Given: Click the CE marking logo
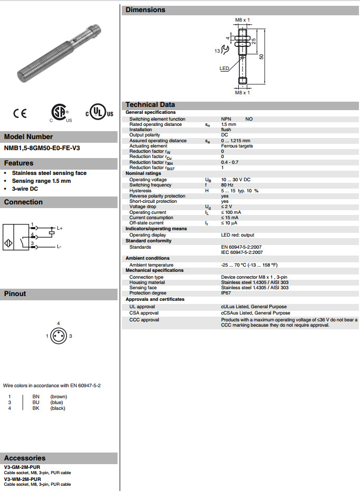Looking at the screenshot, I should pyautogui.click(x=20, y=113).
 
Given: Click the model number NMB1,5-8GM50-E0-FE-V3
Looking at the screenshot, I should pyautogui.click(x=42, y=149).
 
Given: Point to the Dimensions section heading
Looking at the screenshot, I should pyautogui.click(x=145, y=9).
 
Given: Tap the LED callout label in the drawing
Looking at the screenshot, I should pyautogui.click(x=225, y=68).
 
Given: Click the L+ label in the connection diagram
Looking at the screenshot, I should pyautogui.click(x=60, y=228).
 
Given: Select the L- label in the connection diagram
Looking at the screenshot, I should pyautogui.click(x=59, y=247).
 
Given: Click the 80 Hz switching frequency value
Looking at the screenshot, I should pyautogui.click(x=227, y=185).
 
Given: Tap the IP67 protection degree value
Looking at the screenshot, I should pyautogui.click(x=226, y=293).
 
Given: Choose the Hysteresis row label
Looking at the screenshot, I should pyautogui.click(x=141, y=190).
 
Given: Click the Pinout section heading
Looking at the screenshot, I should pyautogui.click(x=15, y=293).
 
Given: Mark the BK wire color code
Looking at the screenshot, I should pyautogui.click(x=36, y=408).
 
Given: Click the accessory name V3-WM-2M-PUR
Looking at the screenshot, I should pyautogui.click(x=22, y=479).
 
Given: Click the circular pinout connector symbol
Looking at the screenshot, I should pyautogui.click(x=59, y=336).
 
